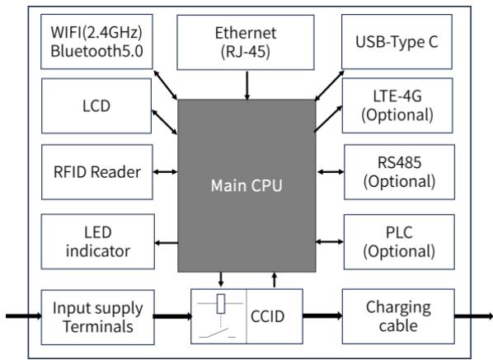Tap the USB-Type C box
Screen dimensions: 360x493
click(x=398, y=39)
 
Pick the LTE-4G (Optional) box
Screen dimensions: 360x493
click(x=398, y=105)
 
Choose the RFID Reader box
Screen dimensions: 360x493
click(x=96, y=172)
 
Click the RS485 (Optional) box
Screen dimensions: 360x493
click(x=398, y=171)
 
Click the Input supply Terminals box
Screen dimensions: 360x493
click(x=96, y=316)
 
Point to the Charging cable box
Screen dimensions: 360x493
click(x=398, y=316)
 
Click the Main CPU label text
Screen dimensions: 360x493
click(x=246, y=185)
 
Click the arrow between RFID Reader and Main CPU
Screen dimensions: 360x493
click(x=165, y=172)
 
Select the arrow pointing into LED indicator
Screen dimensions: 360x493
click(x=165, y=242)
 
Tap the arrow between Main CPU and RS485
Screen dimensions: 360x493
click(x=330, y=172)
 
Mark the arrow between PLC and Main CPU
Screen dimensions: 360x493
click(x=330, y=241)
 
